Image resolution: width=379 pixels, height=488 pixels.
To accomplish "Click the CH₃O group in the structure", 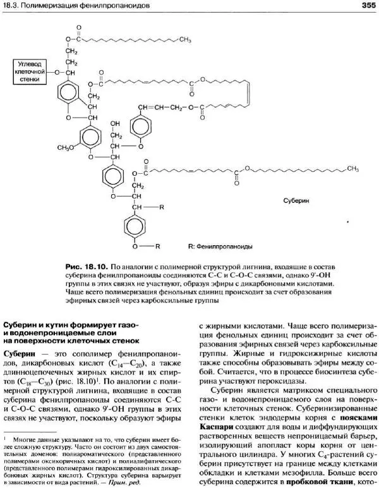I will (x=68, y=147).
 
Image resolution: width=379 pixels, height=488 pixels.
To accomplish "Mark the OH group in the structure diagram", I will (x=115, y=123).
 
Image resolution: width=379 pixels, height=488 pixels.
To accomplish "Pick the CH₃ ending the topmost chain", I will (x=185, y=39).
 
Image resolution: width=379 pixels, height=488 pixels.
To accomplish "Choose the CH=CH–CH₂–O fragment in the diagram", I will (x=165, y=107).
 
